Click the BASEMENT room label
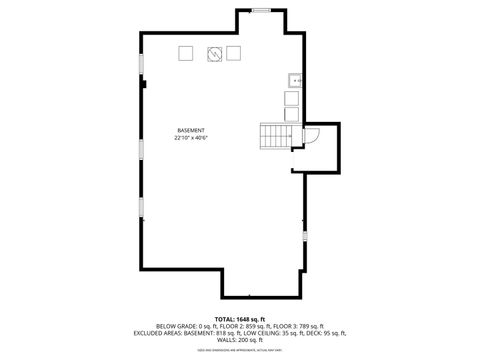(x=190, y=130)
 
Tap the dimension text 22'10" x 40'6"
(x=190, y=138)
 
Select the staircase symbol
(x=276, y=134)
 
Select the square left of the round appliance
(x=186, y=53)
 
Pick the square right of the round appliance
(x=234, y=53)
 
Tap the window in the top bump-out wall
(x=261, y=11)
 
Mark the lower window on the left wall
(x=141, y=210)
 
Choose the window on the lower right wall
(x=305, y=236)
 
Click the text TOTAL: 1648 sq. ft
(x=239, y=317)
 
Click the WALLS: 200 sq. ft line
(x=239, y=341)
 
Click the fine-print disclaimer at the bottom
(x=239, y=351)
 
